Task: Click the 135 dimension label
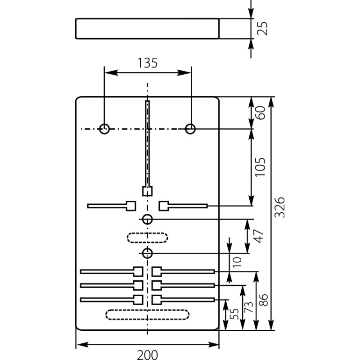pos(148,63)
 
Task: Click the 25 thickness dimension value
pos(264,28)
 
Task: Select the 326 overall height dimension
pos(280,207)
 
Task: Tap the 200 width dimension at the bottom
pos(147,354)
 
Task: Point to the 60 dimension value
pos(260,112)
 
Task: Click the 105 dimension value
pos(260,167)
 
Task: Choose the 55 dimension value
pos(234,314)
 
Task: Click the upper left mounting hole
pos(104,129)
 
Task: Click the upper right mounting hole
pos(190,129)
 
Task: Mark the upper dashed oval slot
pos(147,237)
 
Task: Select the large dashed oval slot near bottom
pos(147,315)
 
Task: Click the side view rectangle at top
pos(147,28)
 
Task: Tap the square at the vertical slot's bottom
pos(147,191)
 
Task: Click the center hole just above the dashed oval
pos(147,220)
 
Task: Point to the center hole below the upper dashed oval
pos(147,253)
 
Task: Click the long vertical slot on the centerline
pos(147,144)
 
